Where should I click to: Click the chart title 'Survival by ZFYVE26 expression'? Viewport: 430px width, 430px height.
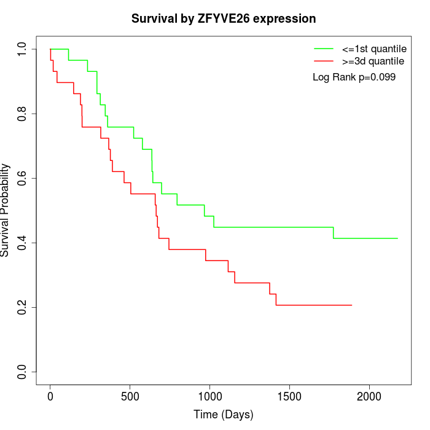coord(224,18)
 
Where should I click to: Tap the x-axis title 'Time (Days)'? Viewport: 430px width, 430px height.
coord(223,415)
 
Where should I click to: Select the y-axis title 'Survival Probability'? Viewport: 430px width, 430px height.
coord(6,210)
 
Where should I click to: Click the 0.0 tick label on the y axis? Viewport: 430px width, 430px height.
coord(23,372)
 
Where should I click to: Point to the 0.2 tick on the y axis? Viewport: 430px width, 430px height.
coord(23,307)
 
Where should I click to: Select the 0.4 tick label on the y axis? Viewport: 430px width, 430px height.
coord(23,243)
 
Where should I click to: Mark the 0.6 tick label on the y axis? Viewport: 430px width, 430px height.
coord(23,178)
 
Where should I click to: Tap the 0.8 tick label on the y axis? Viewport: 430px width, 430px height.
coord(23,114)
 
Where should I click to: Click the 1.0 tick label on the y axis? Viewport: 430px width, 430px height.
coord(23,49)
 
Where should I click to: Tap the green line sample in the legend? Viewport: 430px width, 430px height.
coord(324,49)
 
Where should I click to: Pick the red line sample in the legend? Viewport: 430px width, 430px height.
coord(324,61)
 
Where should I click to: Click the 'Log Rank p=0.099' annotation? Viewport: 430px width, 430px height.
coord(354,77)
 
